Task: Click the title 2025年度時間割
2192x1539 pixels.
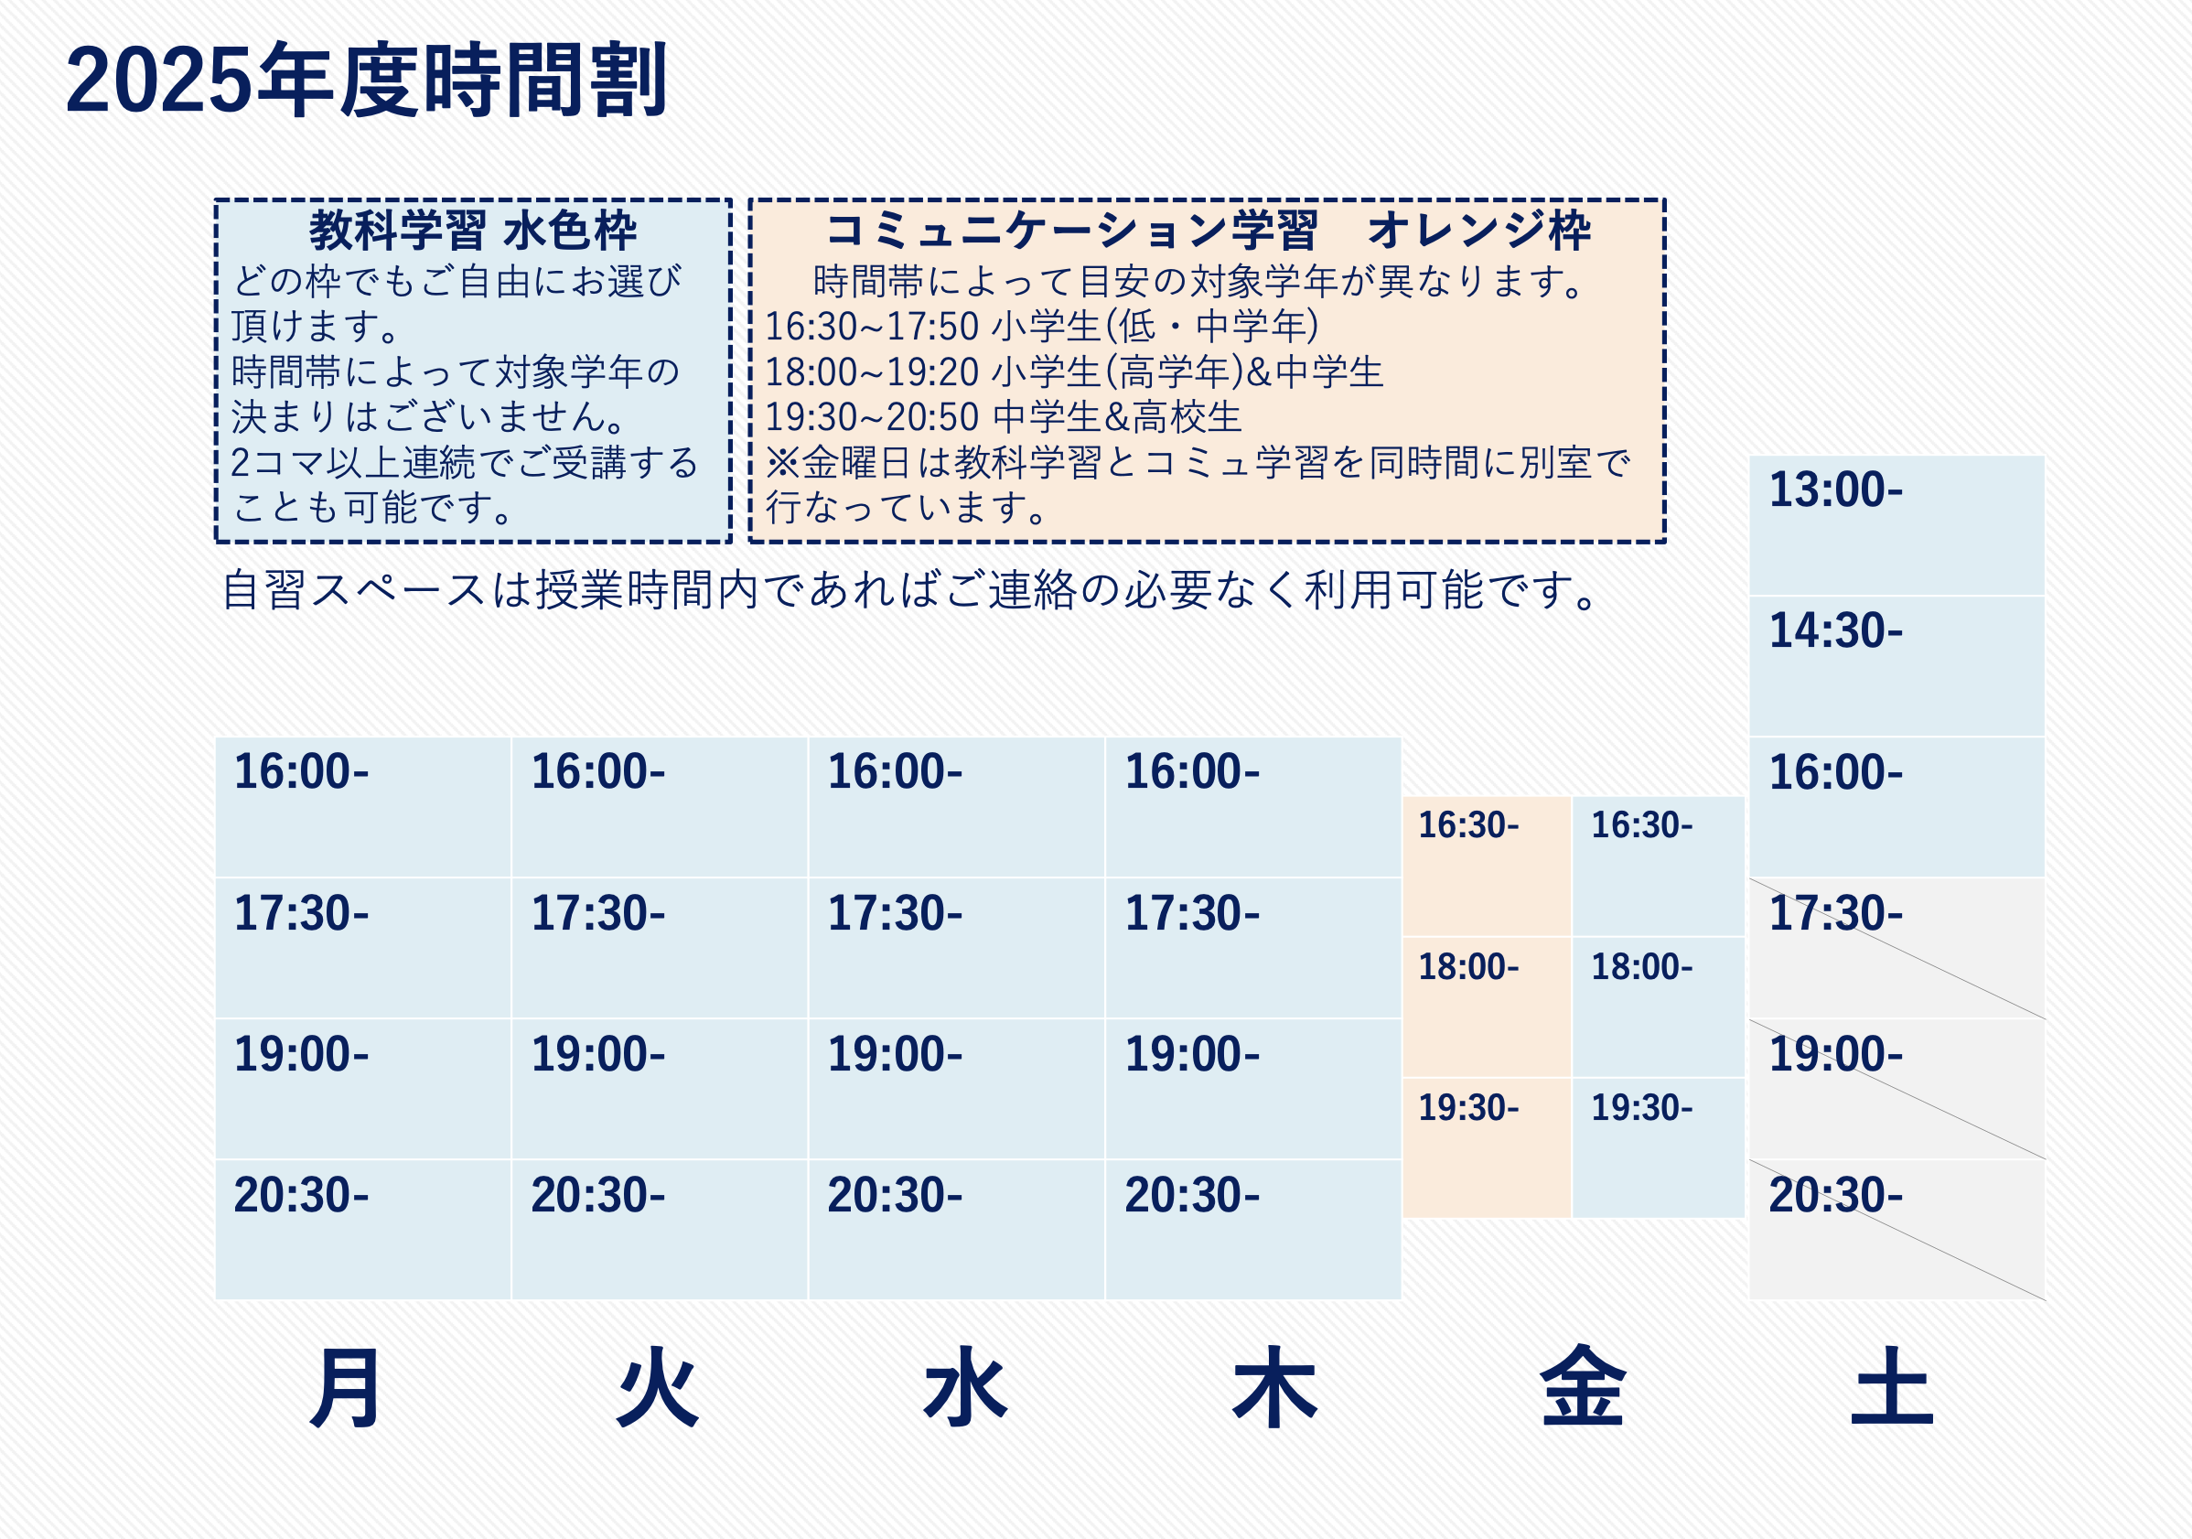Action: pos(366,81)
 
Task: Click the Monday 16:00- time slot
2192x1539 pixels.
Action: pos(363,807)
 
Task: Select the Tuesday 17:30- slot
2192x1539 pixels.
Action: pos(660,948)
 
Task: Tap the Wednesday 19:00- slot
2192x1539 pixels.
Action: pos(957,1090)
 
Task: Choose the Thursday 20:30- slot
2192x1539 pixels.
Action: pos(1253,1230)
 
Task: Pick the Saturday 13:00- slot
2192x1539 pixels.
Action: pos(1896,525)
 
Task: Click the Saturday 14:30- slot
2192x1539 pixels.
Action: pos(1896,666)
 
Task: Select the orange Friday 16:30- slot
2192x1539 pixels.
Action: pos(1487,866)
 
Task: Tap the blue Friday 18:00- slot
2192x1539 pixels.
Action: pos(1659,1007)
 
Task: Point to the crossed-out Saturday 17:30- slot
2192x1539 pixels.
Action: pos(1896,948)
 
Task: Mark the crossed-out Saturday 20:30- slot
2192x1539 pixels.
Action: pos(1896,1230)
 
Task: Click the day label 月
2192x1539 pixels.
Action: pos(347,1387)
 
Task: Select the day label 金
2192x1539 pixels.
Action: pos(1583,1386)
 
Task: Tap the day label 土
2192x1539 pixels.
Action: pos(1892,1386)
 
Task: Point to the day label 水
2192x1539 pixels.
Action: pos(965,1387)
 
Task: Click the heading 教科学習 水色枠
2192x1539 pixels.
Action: pos(473,230)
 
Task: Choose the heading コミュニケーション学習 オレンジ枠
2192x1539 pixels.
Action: pos(1208,230)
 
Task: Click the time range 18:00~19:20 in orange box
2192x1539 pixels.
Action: pos(872,372)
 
